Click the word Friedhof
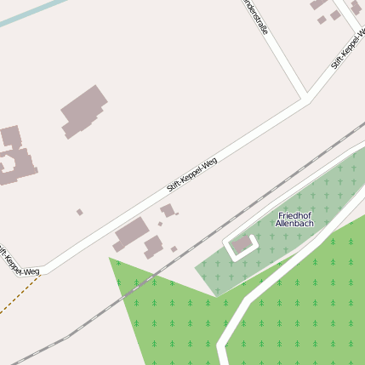click(294, 215)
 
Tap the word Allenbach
click(294, 224)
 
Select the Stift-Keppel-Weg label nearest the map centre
click(191, 174)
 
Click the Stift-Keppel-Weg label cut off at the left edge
click(17, 262)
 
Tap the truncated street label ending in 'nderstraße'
click(256, 16)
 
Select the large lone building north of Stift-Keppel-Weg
click(83, 110)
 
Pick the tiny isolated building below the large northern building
click(80, 212)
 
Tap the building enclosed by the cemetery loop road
click(242, 245)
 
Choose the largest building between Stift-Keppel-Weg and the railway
click(131, 232)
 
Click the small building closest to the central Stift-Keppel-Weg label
click(168, 209)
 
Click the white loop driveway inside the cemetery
click(229, 248)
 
